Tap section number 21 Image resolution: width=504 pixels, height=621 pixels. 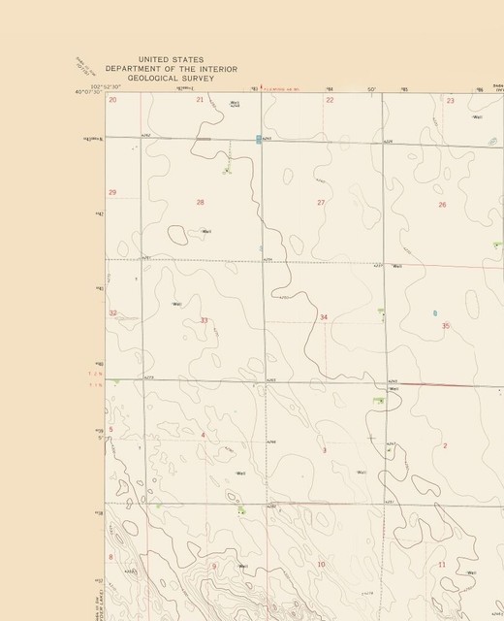tap(200, 100)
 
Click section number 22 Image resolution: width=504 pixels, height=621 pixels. tap(330, 100)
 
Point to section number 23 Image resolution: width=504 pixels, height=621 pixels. tap(450, 101)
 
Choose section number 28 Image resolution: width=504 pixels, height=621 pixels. tap(201, 202)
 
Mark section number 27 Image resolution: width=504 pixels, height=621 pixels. tap(321, 202)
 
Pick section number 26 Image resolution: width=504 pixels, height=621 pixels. tap(442, 205)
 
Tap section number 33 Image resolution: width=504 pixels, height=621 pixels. tap(204, 319)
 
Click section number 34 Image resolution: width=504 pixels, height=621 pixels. tap(324, 317)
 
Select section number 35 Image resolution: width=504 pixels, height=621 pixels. tap(446, 326)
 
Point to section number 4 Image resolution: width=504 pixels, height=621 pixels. tap(203, 435)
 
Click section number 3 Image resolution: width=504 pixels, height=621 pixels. tap(324, 450)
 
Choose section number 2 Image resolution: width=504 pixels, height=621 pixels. tap(445, 445)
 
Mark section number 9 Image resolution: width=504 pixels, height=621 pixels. tap(214, 566)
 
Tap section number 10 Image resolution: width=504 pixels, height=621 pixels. tap(321, 564)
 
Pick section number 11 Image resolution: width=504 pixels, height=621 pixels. tap(442, 564)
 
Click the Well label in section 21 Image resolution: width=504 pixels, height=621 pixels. tap(235, 103)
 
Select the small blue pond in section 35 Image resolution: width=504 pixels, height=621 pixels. tap(434, 312)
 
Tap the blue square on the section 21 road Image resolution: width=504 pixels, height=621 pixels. tap(259, 139)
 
